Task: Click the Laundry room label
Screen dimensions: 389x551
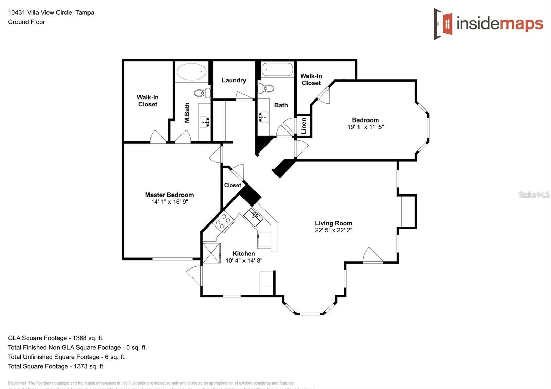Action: [x=234, y=80]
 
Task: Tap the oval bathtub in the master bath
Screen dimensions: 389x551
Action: [x=191, y=72]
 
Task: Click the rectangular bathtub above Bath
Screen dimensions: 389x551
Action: [x=277, y=70]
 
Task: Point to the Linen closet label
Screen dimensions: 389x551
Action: [x=304, y=126]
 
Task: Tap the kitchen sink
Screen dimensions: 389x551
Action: [x=253, y=217]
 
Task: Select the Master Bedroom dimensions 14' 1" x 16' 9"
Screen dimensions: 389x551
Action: [x=169, y=202]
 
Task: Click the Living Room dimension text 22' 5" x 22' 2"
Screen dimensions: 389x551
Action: [x=333, y=230]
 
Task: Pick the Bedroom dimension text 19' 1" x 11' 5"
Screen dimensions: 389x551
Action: [x=365, y=127]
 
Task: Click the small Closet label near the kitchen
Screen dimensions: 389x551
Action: [x=232, y=185]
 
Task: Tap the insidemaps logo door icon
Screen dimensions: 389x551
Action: [x=444, y=24]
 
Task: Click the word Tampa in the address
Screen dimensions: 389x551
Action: [x=85, y=13]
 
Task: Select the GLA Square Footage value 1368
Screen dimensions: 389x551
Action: [x=79, y=338]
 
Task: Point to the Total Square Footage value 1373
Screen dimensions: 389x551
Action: [x=80, y=366]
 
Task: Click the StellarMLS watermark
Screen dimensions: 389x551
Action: [x=534, y=195]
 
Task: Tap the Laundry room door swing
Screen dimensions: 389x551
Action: [x=243, y=96]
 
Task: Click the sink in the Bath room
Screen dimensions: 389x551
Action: [x=264, y=117]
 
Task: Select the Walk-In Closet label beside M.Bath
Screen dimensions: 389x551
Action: [x=148, y=101]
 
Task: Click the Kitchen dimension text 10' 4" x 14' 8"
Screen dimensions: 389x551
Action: [x=244, y=261]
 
